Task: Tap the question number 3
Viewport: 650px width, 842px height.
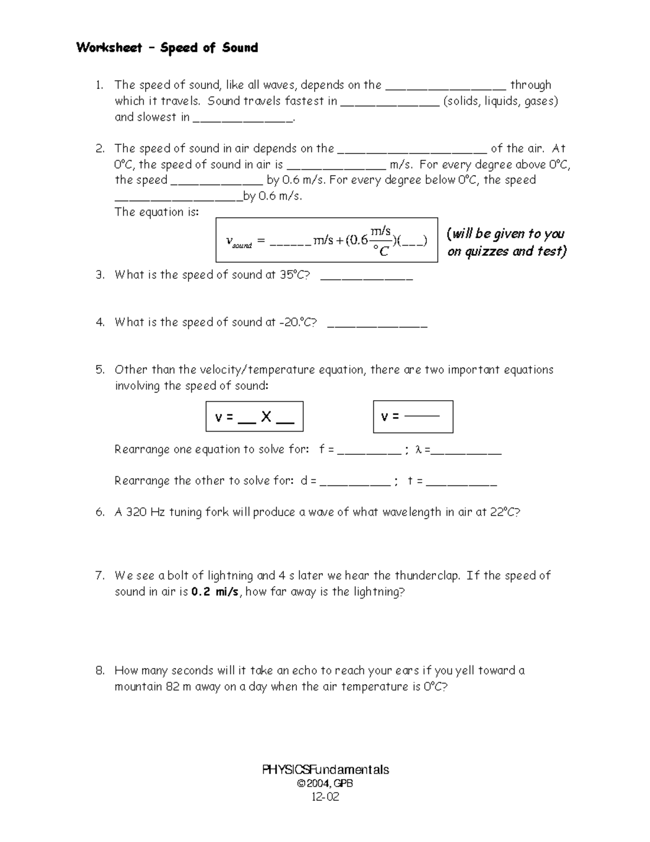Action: (x=99, y=275)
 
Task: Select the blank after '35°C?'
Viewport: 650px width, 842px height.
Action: (x=367, y=277)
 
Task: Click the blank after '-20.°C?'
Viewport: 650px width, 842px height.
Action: (x=378, y=324)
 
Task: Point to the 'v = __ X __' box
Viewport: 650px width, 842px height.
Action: (x=254, y=416)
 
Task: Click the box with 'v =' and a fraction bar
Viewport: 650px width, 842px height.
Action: (x=413, y=416)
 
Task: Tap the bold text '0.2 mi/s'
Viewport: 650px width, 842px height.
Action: (x=214, y=592)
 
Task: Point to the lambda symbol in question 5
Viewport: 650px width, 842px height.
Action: (x=418, y=449)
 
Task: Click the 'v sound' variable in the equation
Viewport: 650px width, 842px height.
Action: (x=238, y=242)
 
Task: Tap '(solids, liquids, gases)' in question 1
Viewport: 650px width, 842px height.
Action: (x=500, y=101)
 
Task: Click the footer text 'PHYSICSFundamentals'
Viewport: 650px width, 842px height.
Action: (x=325, y=770)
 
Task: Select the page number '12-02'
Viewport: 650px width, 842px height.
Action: (x=325, y=796)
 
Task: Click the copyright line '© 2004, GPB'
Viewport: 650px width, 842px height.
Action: (x=325, y=783)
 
